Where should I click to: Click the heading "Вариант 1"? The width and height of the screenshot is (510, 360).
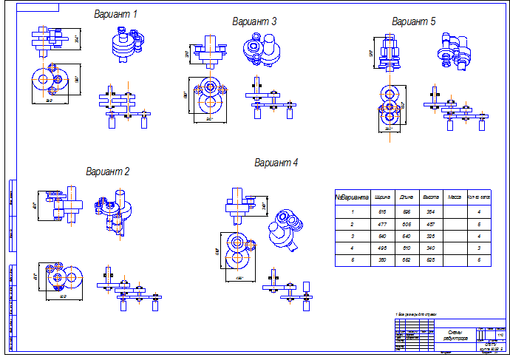115,14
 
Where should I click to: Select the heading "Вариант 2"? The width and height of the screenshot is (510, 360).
108,172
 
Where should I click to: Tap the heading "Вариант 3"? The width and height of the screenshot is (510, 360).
254,21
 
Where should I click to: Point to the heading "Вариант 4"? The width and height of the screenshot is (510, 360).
276,163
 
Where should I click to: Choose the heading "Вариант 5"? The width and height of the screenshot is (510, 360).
414,21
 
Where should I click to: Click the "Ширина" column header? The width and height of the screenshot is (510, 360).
383,197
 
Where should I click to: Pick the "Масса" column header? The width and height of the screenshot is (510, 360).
455,197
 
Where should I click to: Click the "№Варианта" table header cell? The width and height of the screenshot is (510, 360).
353,197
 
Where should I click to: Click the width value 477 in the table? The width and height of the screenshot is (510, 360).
383,223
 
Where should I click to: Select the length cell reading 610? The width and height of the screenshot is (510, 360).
407,247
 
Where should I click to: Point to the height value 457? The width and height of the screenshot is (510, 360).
431,223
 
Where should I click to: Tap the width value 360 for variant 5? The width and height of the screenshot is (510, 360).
383,259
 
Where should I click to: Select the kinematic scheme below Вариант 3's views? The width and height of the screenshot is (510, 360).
271,103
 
